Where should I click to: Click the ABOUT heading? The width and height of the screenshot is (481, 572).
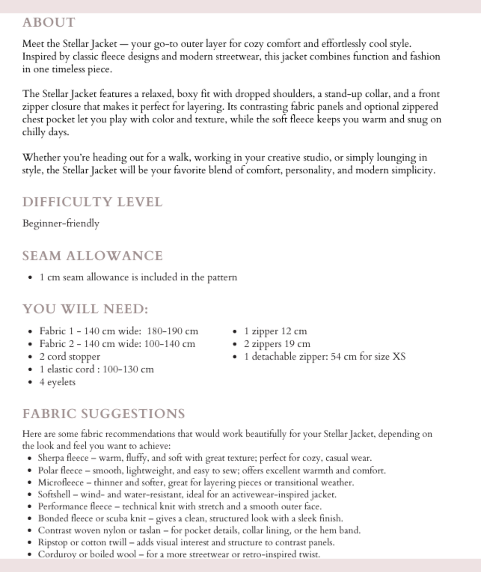[x=49, y=22]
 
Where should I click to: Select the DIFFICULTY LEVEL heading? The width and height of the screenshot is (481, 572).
[x=92, y=202]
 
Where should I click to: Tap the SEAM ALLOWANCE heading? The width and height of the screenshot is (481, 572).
[x=92, y=256]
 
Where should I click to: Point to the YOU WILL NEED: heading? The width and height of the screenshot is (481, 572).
[x=85, y=309]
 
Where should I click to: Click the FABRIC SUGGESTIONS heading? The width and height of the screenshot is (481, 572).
[x=103, y=414]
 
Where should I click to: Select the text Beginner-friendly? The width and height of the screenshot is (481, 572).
[x=61, y=223]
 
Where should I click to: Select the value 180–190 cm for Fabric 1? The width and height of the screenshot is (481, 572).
[x=172, y=331]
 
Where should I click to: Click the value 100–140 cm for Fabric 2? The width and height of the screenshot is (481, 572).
[x=170, y=344]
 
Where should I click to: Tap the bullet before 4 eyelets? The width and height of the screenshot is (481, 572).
[x=30, y=383]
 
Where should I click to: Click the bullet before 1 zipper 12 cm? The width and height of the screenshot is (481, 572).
[x=235, y=332]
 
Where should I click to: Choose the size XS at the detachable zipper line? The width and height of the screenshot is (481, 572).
[x=398, y=357]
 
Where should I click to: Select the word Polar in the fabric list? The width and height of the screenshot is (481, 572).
[x=48, y=471]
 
